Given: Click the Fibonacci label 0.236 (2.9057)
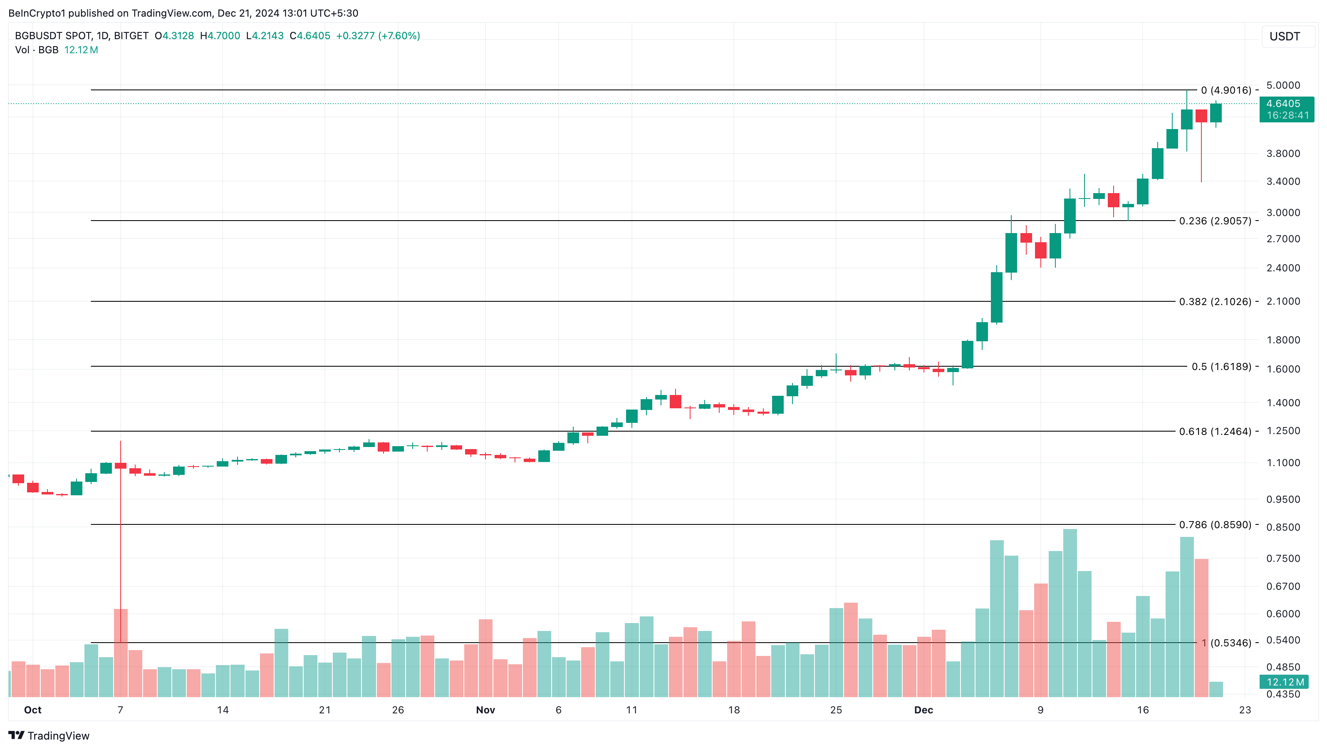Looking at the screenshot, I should [1215, 221].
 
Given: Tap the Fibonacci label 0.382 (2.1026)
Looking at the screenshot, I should [1215, 302].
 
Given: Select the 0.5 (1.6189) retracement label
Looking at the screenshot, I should [1221, 367].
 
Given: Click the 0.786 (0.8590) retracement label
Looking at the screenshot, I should [1215, 525].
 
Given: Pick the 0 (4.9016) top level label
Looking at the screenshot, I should [1225, 90].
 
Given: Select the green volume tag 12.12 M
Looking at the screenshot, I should [1285, 682].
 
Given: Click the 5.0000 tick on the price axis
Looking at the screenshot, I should [1283, 85].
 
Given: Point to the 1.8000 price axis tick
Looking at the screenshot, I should [1283, 340].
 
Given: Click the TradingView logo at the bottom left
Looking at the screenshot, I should [49, 735].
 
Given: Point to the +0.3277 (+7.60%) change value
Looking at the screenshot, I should [378, 35].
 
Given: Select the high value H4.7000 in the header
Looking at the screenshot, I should [220, 35].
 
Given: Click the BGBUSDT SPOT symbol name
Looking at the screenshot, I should [54, 35].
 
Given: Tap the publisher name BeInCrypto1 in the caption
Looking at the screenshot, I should [37, 13].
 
